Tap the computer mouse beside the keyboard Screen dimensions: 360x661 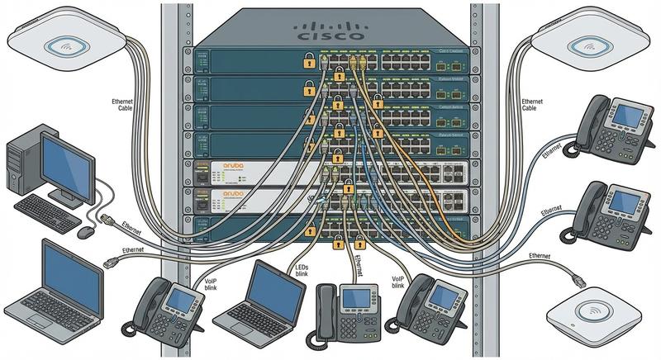pos(84,232)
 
